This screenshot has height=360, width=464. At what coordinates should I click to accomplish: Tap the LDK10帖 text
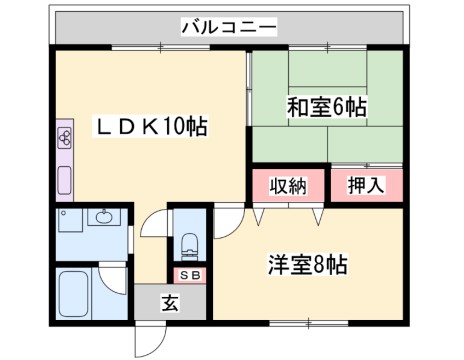point(150,127)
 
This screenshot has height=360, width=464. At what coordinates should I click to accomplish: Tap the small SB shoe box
point(187,274)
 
